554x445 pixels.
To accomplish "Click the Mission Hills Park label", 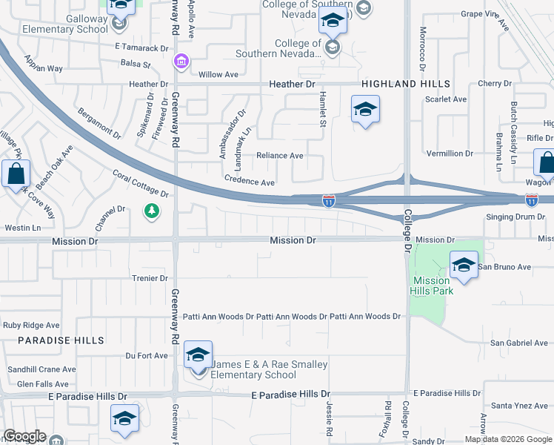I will [x=432, y=286].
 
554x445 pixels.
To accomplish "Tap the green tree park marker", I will [x=152, y=212].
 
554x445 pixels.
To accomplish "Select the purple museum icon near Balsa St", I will [x=179, y=61].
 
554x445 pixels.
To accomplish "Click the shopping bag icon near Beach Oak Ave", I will [x=16, y=175].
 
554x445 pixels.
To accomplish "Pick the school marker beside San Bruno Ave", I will [x=463, y=265].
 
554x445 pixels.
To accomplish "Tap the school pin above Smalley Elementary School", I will [x=198, y=356].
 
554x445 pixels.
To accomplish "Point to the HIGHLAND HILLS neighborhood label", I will [x=406, y=85].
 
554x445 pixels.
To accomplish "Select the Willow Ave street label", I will [x=218, y=74].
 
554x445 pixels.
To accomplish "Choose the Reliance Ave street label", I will [x=280, y=156].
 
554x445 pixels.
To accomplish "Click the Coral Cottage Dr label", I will [x=141, y=184].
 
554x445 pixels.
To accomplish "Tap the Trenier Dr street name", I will [x=150, y=278].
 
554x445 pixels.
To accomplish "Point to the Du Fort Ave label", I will [x=147, y=356].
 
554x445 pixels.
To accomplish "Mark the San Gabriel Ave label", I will [x=519, y=343].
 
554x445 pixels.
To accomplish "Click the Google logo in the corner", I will [x=24, y=436].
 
